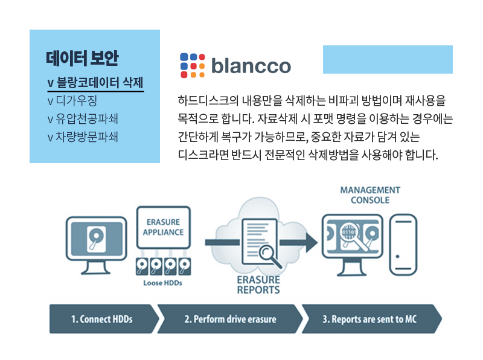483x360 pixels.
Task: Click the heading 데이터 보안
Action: click(82, 58)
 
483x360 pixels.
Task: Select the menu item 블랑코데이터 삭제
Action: click(95, 83)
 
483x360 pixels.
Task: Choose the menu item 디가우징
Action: click(72, 100)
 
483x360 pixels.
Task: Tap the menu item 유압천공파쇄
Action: click(83, 118)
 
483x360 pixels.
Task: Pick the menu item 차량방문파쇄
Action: click(83, 137)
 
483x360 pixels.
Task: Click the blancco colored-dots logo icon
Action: click(193, 65)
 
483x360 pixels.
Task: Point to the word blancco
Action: click(251, 66)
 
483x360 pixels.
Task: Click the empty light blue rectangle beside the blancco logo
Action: click(388, 59)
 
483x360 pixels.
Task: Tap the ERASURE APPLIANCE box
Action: click(164, 228)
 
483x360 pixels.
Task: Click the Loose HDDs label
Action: click(162, 283)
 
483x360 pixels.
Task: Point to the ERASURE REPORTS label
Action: click(258, 284)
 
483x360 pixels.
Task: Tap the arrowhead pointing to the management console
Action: click(312, 242)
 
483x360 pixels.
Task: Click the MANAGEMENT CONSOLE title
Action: click(370, 195)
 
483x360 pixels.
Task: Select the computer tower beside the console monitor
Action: click(403, 245)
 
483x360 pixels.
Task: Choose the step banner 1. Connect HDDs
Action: click(104, 319)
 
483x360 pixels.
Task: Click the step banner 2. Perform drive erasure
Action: click(230, 319)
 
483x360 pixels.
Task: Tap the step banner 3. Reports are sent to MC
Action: click(371, 319)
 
